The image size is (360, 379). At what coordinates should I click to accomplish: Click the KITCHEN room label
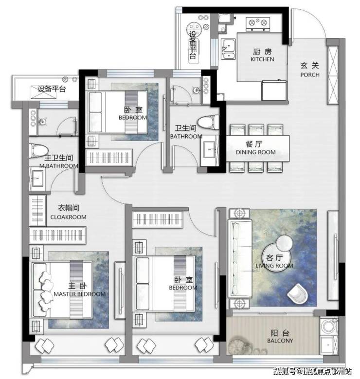[x=262, y=59]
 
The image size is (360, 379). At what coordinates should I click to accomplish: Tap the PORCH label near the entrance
[x=310, y=75]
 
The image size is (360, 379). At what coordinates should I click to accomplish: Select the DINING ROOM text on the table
[x=256, y=152]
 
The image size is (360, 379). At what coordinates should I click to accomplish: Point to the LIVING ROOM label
[x=274, y=266]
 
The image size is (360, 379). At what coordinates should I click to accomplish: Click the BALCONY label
[x=280, y=341]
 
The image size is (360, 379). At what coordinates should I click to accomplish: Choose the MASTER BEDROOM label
[x=80, y=294]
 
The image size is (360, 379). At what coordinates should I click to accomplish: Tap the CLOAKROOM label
[x=69, y=217]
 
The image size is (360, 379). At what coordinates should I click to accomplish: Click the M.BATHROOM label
[x=59, y=166]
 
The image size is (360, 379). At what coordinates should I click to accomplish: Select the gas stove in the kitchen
[x=258, y=24]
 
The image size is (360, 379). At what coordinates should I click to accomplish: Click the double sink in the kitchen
[x=228, y=49]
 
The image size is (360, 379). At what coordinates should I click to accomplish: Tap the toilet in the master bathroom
[x=38, y=151]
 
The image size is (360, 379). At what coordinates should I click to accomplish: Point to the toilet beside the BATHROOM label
[x=208, y=122]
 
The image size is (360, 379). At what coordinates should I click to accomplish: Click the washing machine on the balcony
[x=329, y=326]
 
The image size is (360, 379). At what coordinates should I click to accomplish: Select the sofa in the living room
[x=240, y=258]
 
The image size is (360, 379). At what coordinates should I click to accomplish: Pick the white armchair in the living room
[x=298, y=294]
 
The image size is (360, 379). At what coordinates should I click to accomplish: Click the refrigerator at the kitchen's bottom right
[x=274, y=90]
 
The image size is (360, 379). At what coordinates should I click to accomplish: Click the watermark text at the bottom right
[x=312, y=371]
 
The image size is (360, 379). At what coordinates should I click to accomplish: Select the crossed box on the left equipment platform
[x=44, y=92]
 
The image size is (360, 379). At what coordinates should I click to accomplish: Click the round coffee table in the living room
[x=277, y=257]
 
